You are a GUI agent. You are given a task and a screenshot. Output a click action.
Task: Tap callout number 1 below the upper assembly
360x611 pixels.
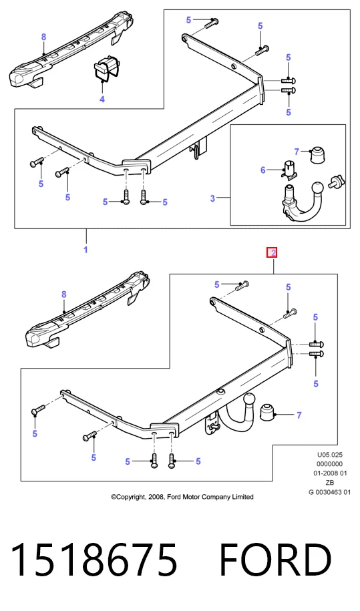85,249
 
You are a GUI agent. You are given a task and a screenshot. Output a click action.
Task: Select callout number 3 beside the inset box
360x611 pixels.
212,198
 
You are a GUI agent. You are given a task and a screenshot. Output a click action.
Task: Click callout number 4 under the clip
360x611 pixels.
102,99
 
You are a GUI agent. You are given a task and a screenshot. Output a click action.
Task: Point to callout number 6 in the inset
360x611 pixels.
263,170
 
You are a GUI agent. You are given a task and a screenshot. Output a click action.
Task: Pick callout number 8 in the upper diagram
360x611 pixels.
43,37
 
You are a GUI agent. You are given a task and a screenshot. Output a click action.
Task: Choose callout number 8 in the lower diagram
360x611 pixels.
64,295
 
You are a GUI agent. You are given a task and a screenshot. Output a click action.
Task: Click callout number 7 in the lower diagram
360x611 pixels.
299,415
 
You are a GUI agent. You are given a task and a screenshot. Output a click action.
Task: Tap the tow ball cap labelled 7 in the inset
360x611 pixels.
318,155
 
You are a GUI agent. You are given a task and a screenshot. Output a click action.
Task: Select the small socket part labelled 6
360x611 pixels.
289,170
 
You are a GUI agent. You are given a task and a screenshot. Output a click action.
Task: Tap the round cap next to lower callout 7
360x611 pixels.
267,413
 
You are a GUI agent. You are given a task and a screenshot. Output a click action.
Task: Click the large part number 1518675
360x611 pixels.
94,560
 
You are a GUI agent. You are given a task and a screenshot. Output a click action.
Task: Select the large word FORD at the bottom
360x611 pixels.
275,560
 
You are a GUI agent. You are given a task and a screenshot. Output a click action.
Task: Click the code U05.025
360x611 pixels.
330,454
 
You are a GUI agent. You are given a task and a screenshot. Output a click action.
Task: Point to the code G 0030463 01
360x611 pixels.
330,492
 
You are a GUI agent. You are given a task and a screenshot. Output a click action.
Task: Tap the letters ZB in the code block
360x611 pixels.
330,483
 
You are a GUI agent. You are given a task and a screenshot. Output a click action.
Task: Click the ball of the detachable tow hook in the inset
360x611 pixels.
317,187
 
